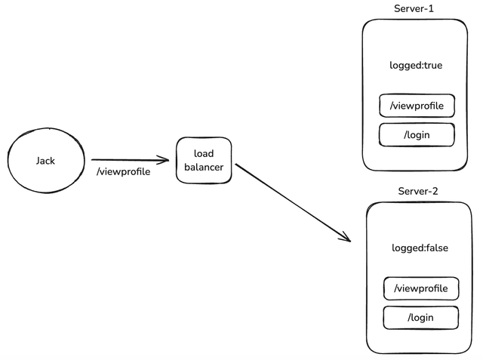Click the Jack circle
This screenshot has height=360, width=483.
pos(45,161)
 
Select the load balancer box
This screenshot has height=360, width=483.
pos(204,160)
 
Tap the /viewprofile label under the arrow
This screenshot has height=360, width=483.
pos(123,172)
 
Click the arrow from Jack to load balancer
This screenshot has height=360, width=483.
pos(128,160)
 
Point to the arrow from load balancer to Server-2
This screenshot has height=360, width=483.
pos(293,202)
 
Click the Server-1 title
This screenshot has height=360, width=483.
pos(414,8)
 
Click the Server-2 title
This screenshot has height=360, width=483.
pos(418,191)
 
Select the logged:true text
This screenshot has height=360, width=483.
pos(417,66)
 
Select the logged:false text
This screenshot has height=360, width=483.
pos(420,248)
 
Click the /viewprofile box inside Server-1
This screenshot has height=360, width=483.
pos(417,106)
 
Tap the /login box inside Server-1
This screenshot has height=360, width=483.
pos(417,135)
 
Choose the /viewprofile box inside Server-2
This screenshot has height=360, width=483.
pos(421,288)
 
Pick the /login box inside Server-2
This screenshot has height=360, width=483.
pos(420,318)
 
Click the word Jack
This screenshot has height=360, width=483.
pos(45,161)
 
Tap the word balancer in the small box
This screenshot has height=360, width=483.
pos(204,168)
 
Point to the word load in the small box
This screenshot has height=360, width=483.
pos(204,154)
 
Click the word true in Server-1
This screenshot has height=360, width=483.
pos(432,66)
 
